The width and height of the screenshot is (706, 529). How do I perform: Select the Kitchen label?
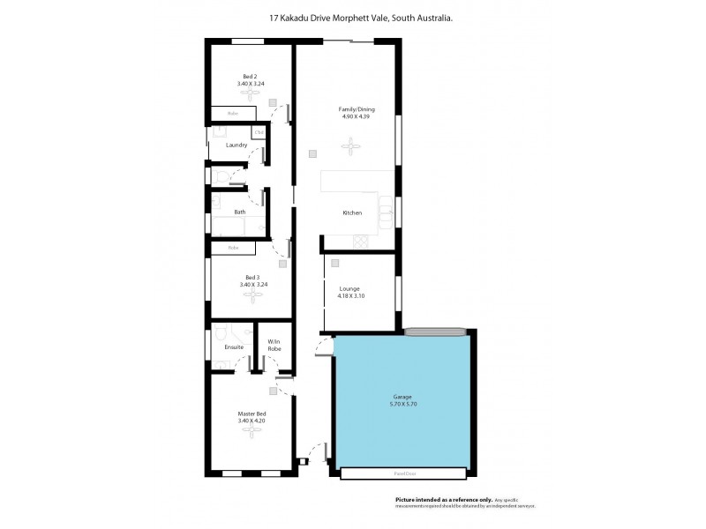click(x=352, y=213)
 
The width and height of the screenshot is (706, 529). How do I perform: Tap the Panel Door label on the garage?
click(x=403, y=474)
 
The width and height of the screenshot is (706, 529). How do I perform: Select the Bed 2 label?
click(x=251, y=77)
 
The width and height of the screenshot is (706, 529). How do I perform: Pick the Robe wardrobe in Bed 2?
click(x=234, y=114)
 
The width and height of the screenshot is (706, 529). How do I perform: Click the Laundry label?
click(x=236, y=145)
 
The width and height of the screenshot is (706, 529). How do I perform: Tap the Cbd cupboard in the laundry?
click(x=259, y=133)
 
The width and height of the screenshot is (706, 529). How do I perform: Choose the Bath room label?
click(x=239, y=212)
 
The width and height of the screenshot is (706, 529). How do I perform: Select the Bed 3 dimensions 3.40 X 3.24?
click(x=252, y=285)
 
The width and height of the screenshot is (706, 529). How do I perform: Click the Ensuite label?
click(x=234, y=346)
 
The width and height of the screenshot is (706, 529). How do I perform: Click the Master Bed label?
click(x=252, y=414)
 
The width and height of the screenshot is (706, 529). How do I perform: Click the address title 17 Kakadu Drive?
click(x=362, y=17)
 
